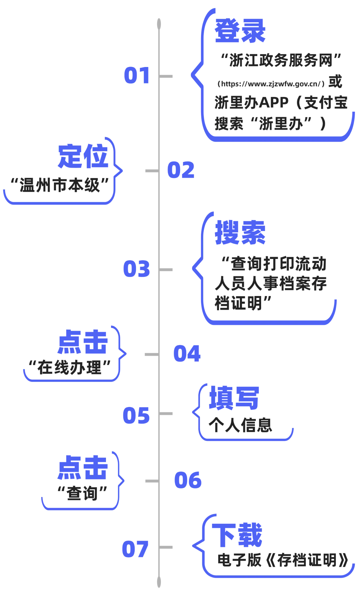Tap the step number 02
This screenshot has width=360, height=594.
coord(180,170)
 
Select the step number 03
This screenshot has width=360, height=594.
coord(137,268)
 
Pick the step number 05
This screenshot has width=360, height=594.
coord(137,415)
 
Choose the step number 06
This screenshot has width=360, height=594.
coord(188,480)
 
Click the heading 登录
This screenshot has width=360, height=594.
coord(240,31)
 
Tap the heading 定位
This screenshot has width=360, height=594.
coord(83,157)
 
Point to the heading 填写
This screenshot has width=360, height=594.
coord(234,398)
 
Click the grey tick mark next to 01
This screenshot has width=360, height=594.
coord(166,77)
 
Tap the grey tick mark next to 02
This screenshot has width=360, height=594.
coord(151,170)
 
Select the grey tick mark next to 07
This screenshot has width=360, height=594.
coord(166,547)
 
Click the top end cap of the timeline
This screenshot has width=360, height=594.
coord(159,23)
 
